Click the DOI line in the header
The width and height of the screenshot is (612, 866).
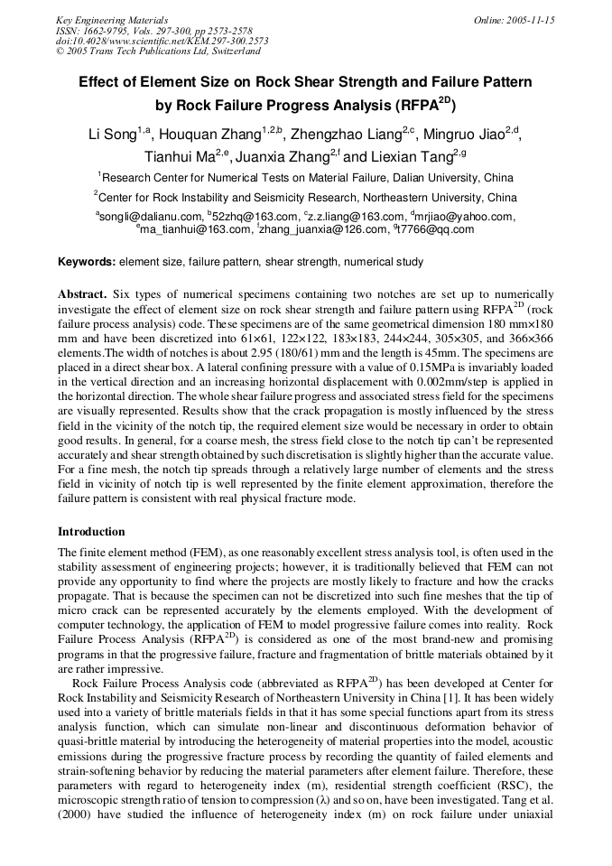162,41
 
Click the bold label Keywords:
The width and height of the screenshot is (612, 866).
87,262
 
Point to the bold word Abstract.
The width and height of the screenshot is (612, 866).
82,294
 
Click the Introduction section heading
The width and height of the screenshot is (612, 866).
91,532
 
